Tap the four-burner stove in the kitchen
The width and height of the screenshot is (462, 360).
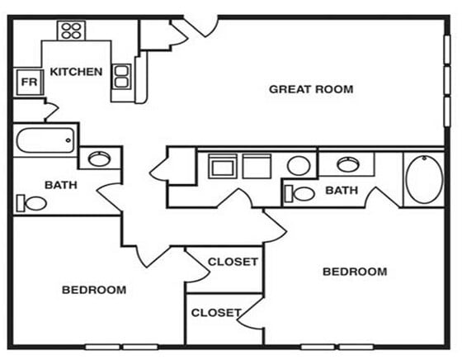click(x=71, y=31)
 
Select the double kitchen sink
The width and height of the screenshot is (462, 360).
click(x=120, y=76)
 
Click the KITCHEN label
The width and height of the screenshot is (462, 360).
click(x=77, y=72)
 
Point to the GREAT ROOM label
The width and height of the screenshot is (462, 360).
click(x=311, y=89)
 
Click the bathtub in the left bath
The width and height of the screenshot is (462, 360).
click(x=46, y=140)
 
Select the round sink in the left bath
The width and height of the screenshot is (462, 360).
click(x=100, y=159)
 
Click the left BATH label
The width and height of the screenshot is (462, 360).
click(x=61, y=185)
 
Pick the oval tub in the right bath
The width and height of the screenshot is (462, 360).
click(x=423, y=178)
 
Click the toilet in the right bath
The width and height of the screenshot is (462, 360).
click(x=300, y=194)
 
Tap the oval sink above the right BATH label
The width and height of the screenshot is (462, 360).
click(x=346, y=163)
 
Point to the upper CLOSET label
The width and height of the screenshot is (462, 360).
click(x=233, y=262)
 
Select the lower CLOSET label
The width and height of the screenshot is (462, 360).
click(x=215, y=313)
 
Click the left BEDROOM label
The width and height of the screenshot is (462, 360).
click(x=94, y=290)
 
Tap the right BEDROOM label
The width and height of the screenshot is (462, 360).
click(x=354, y=272)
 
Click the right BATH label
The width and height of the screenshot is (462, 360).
click(x=341, y=191)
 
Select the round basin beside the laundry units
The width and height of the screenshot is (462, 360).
click(x=299, y=166)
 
